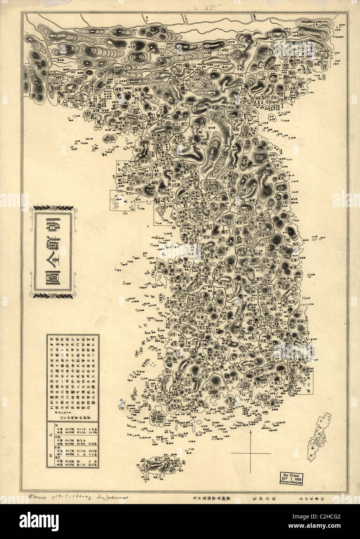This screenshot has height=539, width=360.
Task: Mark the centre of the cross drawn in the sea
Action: pyautogui.click(x=251, y=453)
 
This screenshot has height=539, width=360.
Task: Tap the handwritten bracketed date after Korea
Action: pyautogui.click(x=74, y=497)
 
